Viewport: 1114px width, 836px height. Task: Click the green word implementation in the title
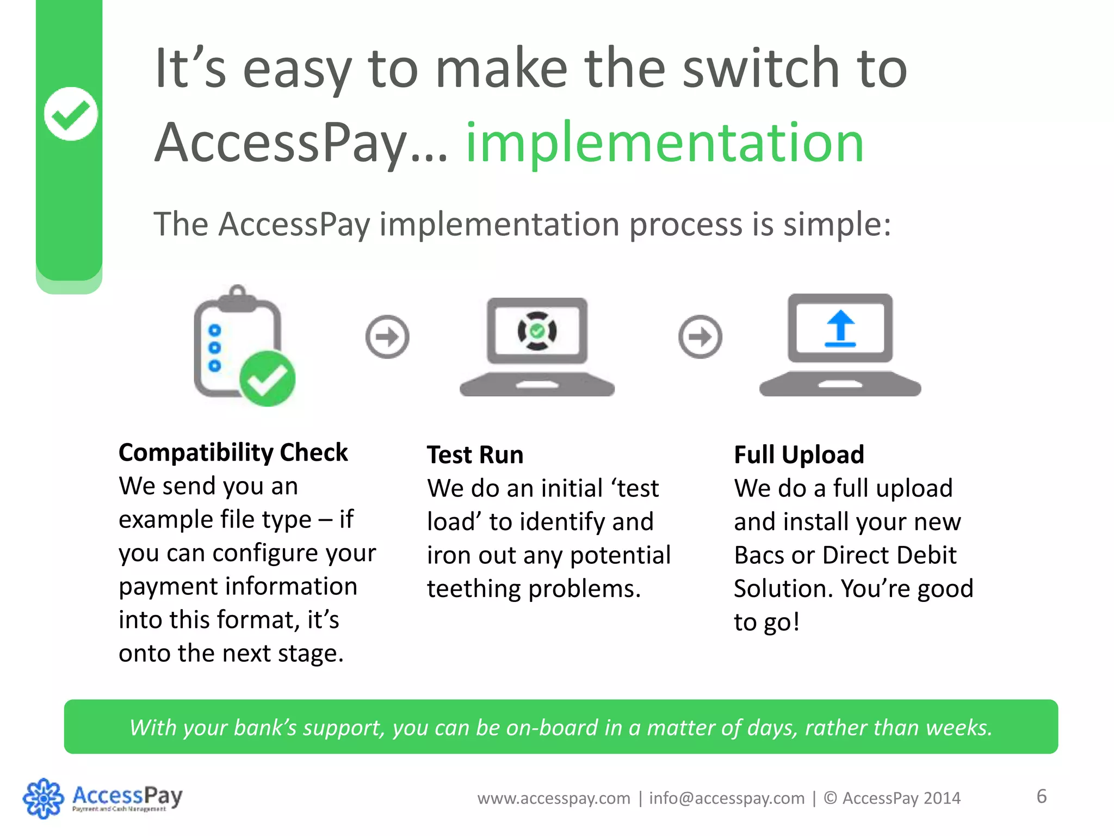point(664,143)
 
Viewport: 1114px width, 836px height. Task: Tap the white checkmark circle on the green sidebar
point(71,114)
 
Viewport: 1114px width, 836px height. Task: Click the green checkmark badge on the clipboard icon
point(267,379)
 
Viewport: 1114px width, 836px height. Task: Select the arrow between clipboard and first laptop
point(387,336)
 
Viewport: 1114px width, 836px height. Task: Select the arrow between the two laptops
point(700,336)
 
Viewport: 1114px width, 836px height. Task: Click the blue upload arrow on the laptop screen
point(840,328)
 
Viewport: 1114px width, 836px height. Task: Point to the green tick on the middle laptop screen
point(537,330)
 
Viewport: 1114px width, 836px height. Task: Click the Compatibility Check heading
point(233,452)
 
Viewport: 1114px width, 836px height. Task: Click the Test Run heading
point(475,454)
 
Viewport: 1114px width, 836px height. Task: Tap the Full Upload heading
point(799,454)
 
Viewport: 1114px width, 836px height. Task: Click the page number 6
point(1041,796)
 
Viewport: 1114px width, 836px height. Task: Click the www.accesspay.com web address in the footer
point(554,798)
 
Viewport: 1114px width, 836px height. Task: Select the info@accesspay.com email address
point(727,798)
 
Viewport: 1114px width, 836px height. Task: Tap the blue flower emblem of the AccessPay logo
point(43,798)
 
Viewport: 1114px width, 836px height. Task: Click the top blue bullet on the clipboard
point(215,330)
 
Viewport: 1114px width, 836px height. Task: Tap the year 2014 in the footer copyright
point(942,798)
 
